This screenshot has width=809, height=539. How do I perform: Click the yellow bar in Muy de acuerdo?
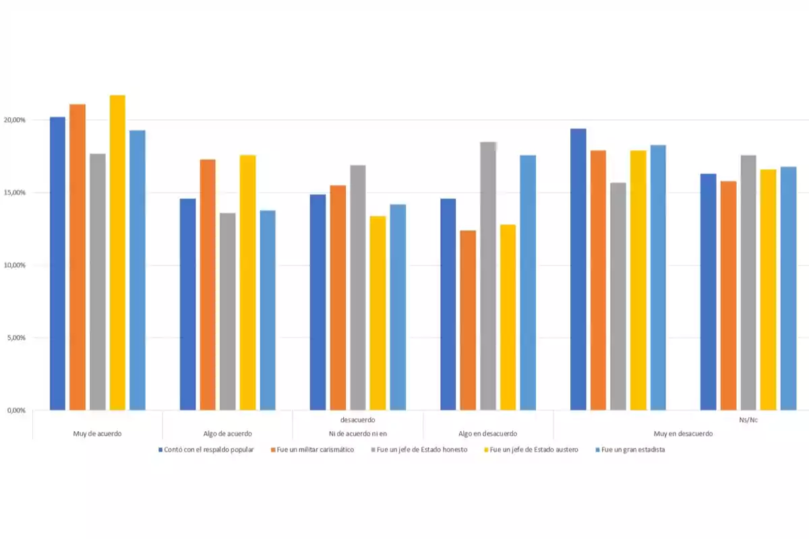tap(117, 253)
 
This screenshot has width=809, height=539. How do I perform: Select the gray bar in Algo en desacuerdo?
tap(488, 276)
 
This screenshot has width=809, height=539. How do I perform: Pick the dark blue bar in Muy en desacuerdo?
tap(578, 269)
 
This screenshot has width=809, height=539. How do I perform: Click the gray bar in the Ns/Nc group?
tap(748, 283)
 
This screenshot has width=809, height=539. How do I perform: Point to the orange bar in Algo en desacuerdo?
tap(468, 320)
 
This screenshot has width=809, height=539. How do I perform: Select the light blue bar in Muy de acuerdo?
tap(138, 269)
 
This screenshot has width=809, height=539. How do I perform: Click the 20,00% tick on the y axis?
tap(14, 120)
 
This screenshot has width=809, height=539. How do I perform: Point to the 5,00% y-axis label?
tap(16, 338)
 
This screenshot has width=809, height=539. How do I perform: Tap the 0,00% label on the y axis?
tap(16, 410)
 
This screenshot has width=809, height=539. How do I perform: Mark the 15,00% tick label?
tap(14, 193)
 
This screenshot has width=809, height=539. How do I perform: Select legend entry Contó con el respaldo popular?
tap(208, 450)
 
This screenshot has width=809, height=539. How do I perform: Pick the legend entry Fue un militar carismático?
tap(315, 450)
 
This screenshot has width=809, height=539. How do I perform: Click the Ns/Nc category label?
tap(748, 420)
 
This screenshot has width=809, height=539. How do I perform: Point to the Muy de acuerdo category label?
tap(97, 433)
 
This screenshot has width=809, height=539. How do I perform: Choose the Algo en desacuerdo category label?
tap(487, 433)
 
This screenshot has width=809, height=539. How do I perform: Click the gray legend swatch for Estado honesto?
tap(373, 450)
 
